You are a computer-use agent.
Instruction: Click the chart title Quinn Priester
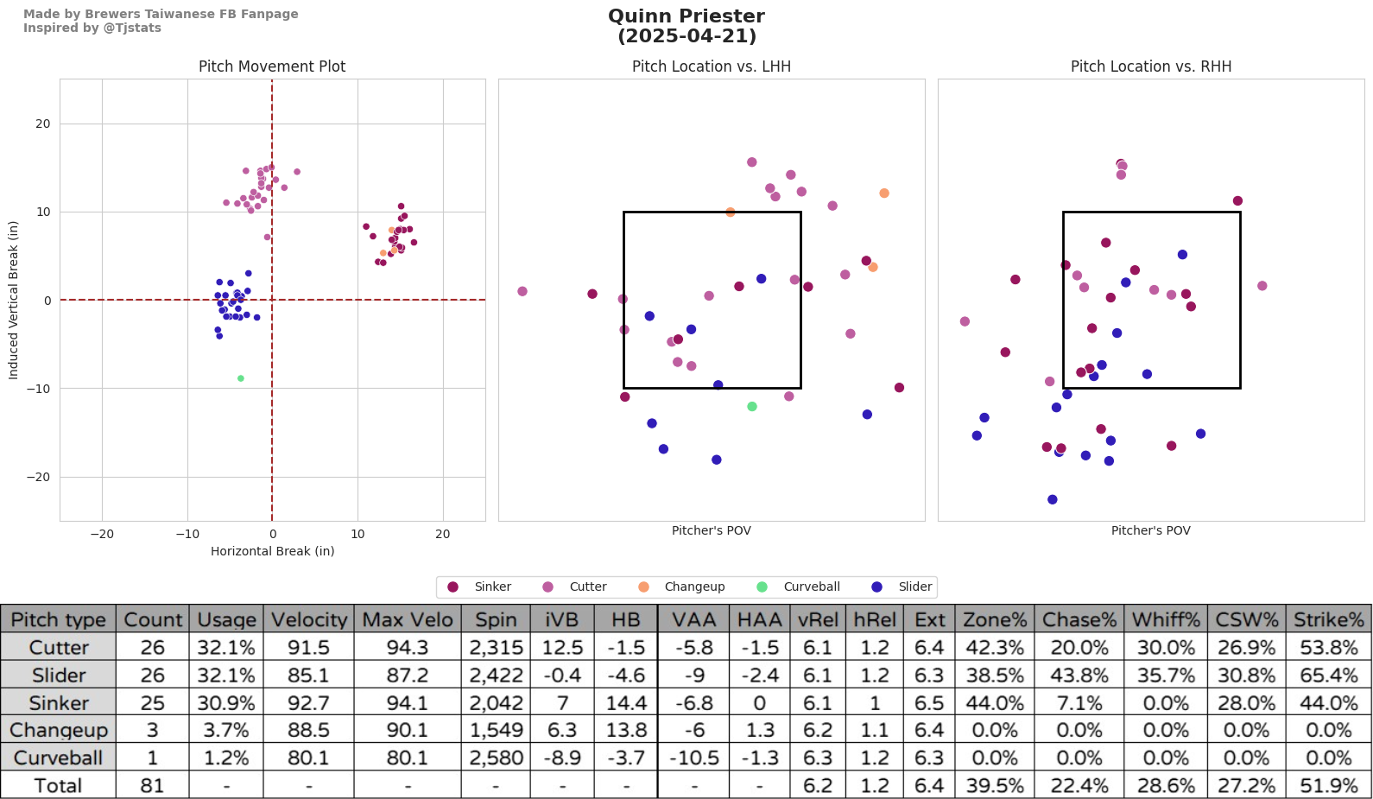coord(686,16)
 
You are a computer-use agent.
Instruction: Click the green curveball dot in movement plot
coord(241,378)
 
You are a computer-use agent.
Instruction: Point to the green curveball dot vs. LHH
coord(752,407)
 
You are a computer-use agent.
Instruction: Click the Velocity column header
coord(308,619)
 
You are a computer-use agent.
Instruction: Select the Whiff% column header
coord(1166,619)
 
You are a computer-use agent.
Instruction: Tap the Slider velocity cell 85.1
coord(308,675)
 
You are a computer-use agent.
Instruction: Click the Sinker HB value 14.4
coord(626,703)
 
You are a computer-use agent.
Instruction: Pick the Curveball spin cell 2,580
coord(496,758)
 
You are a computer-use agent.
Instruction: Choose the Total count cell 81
coord(152,785)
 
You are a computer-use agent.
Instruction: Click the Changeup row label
coord(59,730)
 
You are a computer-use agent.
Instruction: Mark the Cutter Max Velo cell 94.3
coord(407,647)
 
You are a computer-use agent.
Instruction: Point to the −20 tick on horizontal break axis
coord(102,534)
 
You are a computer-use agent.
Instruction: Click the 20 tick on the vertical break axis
coord(43,124)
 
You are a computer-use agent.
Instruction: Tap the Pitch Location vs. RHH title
coord(1151,67)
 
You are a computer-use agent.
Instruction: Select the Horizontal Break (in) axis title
coord(272,551)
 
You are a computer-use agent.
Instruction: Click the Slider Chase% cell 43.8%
coord(1079,675)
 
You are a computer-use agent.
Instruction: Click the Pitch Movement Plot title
coord(272,67)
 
